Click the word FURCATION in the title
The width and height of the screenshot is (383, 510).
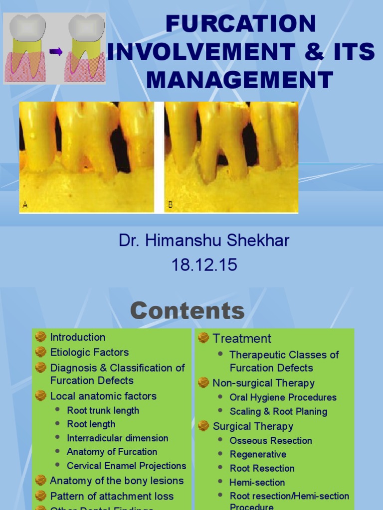241,24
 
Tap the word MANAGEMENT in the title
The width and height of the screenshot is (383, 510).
241,80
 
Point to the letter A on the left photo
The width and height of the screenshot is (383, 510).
25,204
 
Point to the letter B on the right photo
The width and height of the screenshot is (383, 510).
171,204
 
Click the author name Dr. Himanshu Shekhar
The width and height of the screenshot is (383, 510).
204,241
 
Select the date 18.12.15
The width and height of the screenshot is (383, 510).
204,265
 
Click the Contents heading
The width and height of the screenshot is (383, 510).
188,311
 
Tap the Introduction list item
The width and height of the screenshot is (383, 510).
78,337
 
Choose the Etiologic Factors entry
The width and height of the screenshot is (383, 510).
89,352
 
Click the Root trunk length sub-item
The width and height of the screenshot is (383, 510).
103,410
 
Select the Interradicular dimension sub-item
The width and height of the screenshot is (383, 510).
118,438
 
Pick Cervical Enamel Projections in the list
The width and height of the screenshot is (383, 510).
127,466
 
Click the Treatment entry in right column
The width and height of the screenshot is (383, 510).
242,339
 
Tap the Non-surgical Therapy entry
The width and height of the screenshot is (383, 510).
263,383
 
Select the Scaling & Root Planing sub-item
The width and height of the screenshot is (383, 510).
278,411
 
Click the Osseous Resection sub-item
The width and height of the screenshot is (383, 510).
271,440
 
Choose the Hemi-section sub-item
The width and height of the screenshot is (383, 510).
257,482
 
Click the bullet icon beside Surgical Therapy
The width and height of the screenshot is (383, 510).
203,426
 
